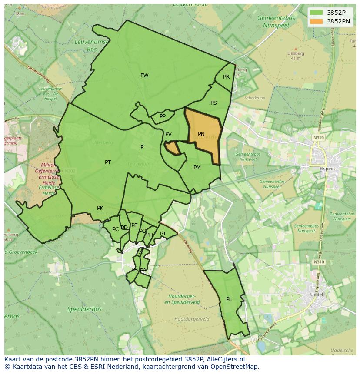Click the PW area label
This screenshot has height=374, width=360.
[x=144, y=76]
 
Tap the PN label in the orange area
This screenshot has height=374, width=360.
[x=201, y=134]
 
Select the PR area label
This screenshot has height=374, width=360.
[x=226, y=77]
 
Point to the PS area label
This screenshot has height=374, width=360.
[x=213, y=103]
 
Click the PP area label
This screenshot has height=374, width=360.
[x=163, y=116]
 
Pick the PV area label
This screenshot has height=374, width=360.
[x=168, y=134]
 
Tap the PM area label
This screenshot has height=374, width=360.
[x=197, y=168]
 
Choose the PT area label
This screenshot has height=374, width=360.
[x=108, y=162]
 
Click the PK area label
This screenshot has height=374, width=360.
[x=100, y=208]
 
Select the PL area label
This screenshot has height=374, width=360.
[x=229, y=299]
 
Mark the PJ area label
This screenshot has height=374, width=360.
[x=163, y=233]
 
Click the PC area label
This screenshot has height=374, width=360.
[x=115, y=229]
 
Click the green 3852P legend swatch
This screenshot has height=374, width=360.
[x=317, y=13]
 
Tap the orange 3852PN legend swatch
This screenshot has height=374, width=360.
[x=317, y=21]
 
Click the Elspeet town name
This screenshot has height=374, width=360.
[x=327, y=168]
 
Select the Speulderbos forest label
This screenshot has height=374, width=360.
[x=84, y=309]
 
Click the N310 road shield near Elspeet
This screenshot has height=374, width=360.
[x=318, y=138]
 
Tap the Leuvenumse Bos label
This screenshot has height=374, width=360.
[x=86, y=46]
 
